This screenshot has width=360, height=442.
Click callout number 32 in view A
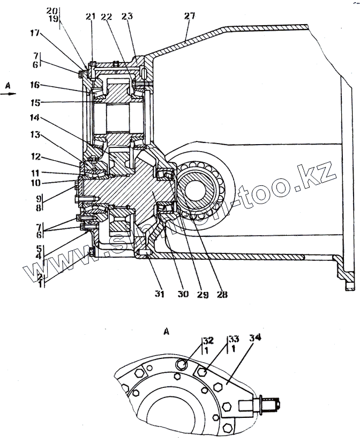207,340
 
